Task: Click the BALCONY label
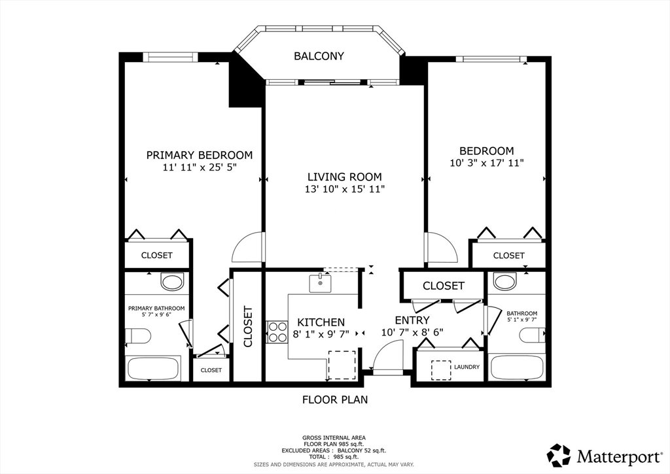(319, 56)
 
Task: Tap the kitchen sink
(320, 284)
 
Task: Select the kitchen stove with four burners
(277, 332)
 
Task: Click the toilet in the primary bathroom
(138, 335)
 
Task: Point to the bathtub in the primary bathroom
(153, 369)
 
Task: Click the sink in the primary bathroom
(172, 282)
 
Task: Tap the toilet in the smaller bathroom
(533, 335)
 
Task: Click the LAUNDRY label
(467, 367)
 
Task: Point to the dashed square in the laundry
(441, 370)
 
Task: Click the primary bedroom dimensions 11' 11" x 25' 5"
(200, 167)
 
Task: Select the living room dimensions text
(345, 189)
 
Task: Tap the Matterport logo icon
(559, 455)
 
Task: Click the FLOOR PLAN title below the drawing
(335, 399)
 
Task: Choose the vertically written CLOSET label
(248, 327)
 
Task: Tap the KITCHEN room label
(321, 322)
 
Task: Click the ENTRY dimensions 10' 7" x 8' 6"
(412, 332)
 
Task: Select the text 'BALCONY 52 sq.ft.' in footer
(361, 450)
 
